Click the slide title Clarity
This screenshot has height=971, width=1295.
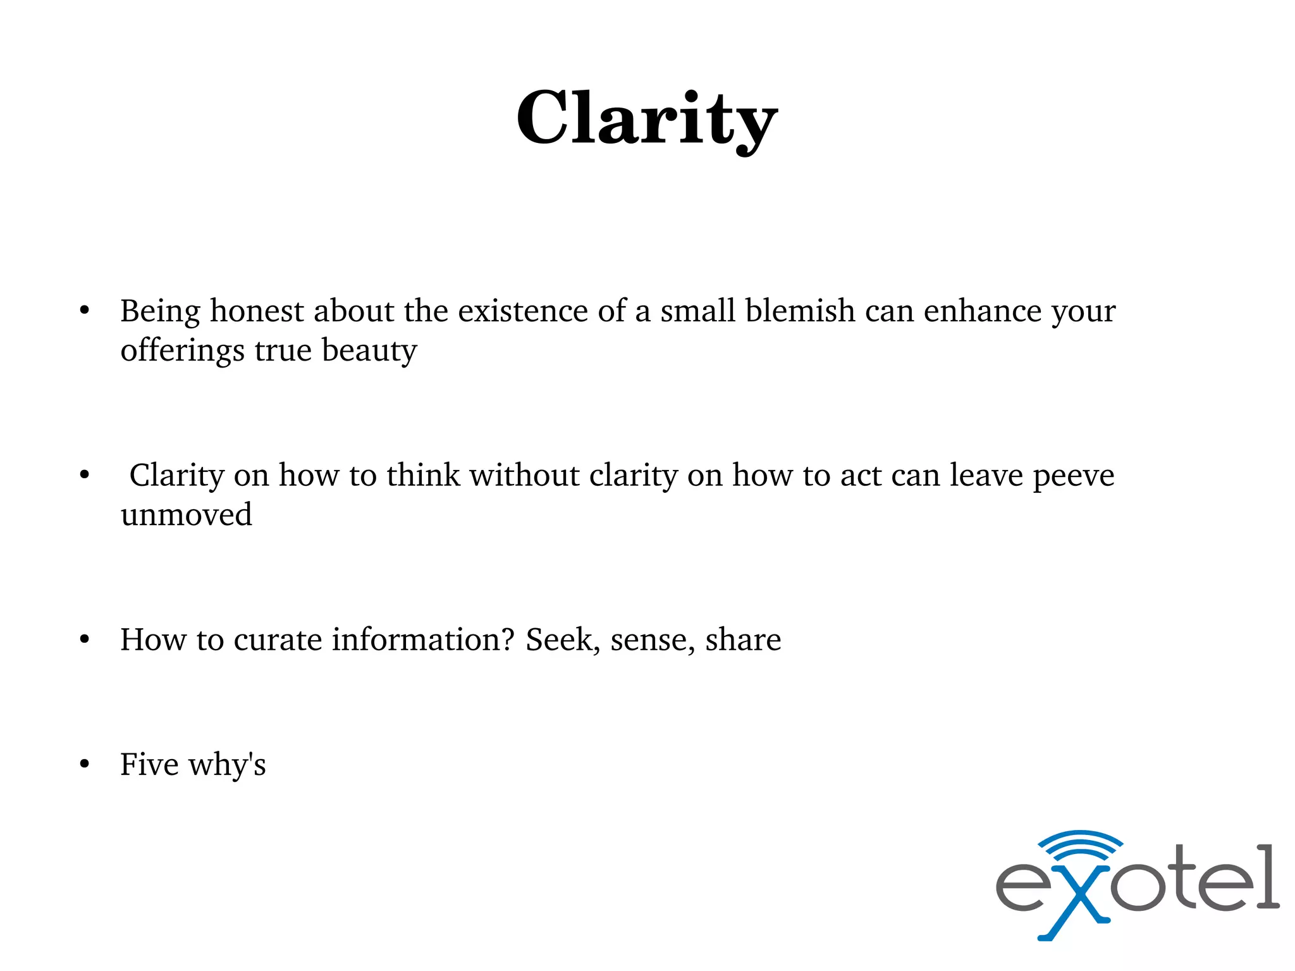pyautogui.click(x=647, y=119)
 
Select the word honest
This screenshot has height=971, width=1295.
pyautogui.click(x=257, y=311)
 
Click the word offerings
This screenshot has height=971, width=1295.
pyautogui.click(x=182, y=351)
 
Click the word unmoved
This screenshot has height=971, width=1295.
pyautogui.click(x=186, y=514)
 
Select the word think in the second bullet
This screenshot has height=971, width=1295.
pyautogui.click(x=423, y=476)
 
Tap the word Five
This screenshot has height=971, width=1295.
pyautogui.click(x=149, y=764)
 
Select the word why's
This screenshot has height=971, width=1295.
pyautogui.click(x=227, y=765)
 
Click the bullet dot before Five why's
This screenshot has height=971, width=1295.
pyautogui.click(x=85, y=765)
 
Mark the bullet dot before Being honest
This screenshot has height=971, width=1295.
pyautogui.click(x=85, y=311)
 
